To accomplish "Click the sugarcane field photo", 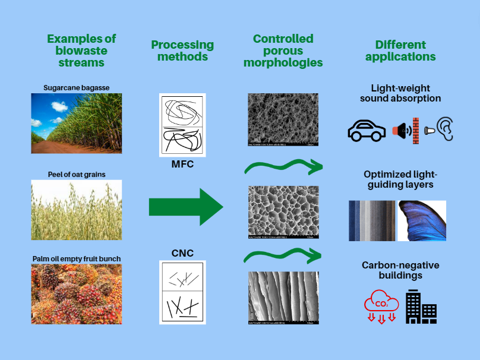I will click(x=76, y=123).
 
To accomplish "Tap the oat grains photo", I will click(x=76, y=210).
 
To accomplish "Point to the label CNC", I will click(x=182, y=254).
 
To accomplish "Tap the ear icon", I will click(x=445, y=130).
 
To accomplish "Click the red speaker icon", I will click(x=402, y=130).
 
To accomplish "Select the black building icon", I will click(x=421, y=307).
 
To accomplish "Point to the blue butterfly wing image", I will click(x=422, y=220).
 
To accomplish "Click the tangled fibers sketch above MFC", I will click(x=182, y=125).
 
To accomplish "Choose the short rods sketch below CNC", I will click(x=182, y=292).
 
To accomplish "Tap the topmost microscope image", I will click(x=283, y=120).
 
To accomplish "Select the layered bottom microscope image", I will click(x=283, y=298).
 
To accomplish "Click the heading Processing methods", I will click(x=182, y=51).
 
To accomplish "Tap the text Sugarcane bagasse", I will click(x=76, y=88).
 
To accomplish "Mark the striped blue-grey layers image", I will click(x=371, y=220).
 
